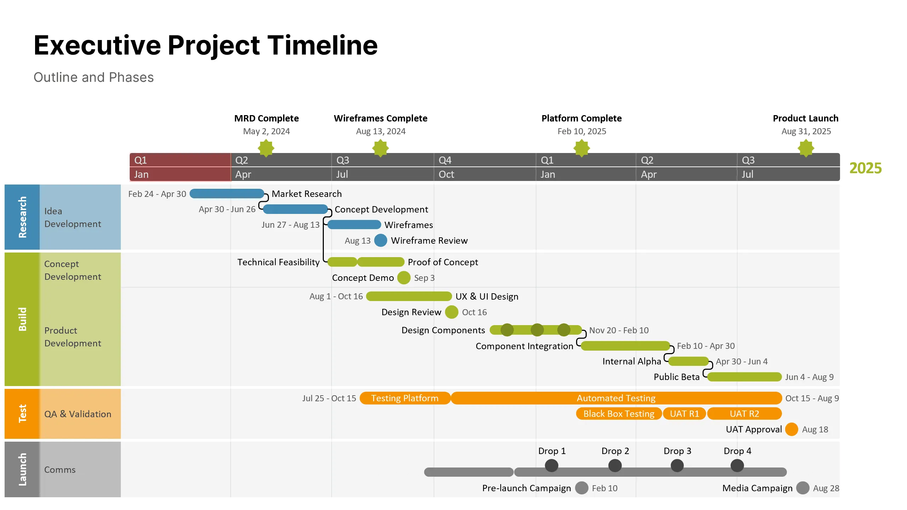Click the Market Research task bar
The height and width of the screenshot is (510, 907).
(227, 194)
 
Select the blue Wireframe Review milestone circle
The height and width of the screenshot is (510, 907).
(381, 240)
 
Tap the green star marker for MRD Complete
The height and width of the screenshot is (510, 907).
(266, 148)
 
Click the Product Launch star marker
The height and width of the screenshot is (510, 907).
(806, 148)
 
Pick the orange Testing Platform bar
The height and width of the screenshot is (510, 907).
(405, 398)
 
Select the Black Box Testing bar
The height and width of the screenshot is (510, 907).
(619, 414)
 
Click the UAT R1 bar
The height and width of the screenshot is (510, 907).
(685, 414)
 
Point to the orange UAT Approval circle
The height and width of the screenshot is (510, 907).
(791, 429)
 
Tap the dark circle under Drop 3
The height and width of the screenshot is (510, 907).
(677, 465)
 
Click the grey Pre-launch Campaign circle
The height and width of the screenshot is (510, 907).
(582, 488)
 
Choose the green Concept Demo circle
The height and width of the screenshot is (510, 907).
(404, 278)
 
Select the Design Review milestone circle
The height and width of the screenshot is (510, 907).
(452, 312)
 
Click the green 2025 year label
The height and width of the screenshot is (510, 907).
(865, 168)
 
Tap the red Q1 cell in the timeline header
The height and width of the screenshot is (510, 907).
(180, 160)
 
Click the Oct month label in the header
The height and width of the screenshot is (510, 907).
(446, 174)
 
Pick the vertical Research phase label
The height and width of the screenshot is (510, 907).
(22, 217)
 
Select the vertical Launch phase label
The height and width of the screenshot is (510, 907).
(22, 469)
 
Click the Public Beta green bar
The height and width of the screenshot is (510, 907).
(744, 377)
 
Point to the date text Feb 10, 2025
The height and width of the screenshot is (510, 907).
(582, 131)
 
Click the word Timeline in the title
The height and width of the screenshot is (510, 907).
(322, 45)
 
